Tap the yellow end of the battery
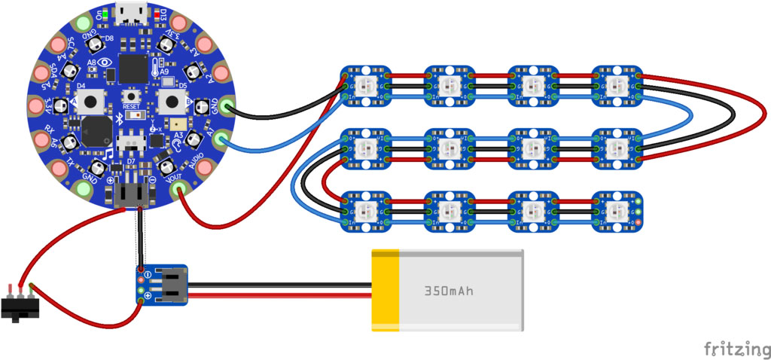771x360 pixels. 385,290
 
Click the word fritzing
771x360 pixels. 736,348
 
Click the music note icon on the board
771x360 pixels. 108,154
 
